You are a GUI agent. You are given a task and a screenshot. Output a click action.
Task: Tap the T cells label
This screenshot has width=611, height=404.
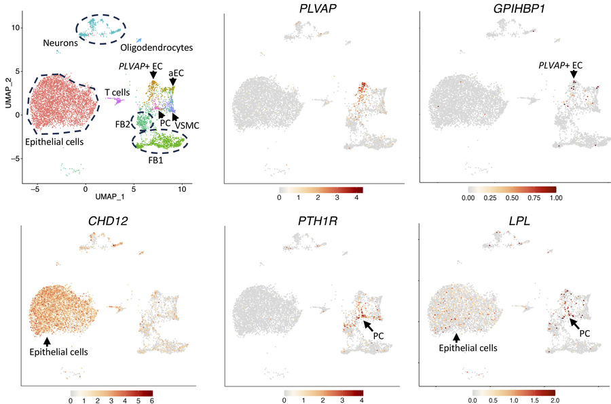117,91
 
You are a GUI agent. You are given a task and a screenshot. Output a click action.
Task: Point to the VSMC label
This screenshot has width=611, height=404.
186,125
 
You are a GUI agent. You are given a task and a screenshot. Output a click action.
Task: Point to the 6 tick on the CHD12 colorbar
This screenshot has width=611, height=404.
151,401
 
